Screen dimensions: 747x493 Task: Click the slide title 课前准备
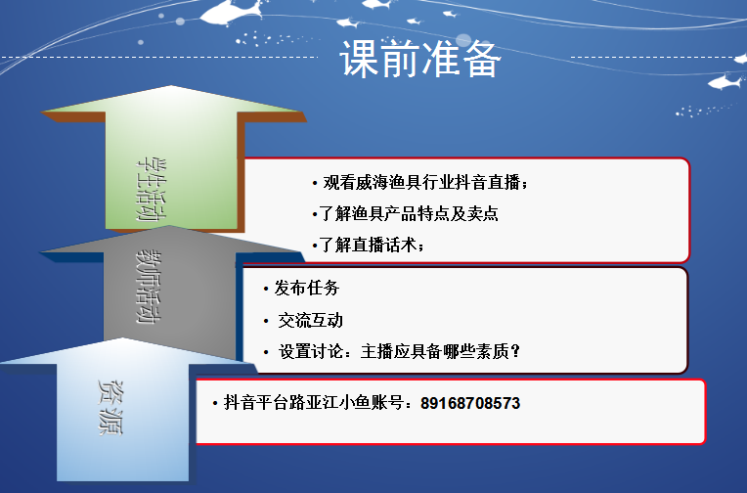pos(419,60)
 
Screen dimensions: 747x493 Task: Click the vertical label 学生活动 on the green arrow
pos(152,190)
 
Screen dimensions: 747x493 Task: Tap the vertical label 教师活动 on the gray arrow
pos(149,287)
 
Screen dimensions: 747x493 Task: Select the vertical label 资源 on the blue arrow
pos(111,408)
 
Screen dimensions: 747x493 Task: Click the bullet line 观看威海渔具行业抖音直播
pos(424,182)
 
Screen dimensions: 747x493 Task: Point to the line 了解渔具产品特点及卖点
pos(409,213)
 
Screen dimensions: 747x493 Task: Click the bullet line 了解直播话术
pos(371,245)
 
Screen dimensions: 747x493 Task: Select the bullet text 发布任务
pos(306,288)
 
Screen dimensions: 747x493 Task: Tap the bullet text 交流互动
pos(310,321)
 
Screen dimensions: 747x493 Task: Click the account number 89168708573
pos(470,403)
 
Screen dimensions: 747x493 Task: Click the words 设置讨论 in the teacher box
pos(311,352)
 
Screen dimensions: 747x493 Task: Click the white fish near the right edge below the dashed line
pos(725,82)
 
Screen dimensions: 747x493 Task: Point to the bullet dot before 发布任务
pos(266,289)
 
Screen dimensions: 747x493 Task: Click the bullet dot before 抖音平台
pos(215,404)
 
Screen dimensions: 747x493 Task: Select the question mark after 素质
pos(515,352)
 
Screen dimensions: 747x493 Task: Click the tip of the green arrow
pos(171,86)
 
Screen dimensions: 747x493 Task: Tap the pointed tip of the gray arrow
pos(169,226)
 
